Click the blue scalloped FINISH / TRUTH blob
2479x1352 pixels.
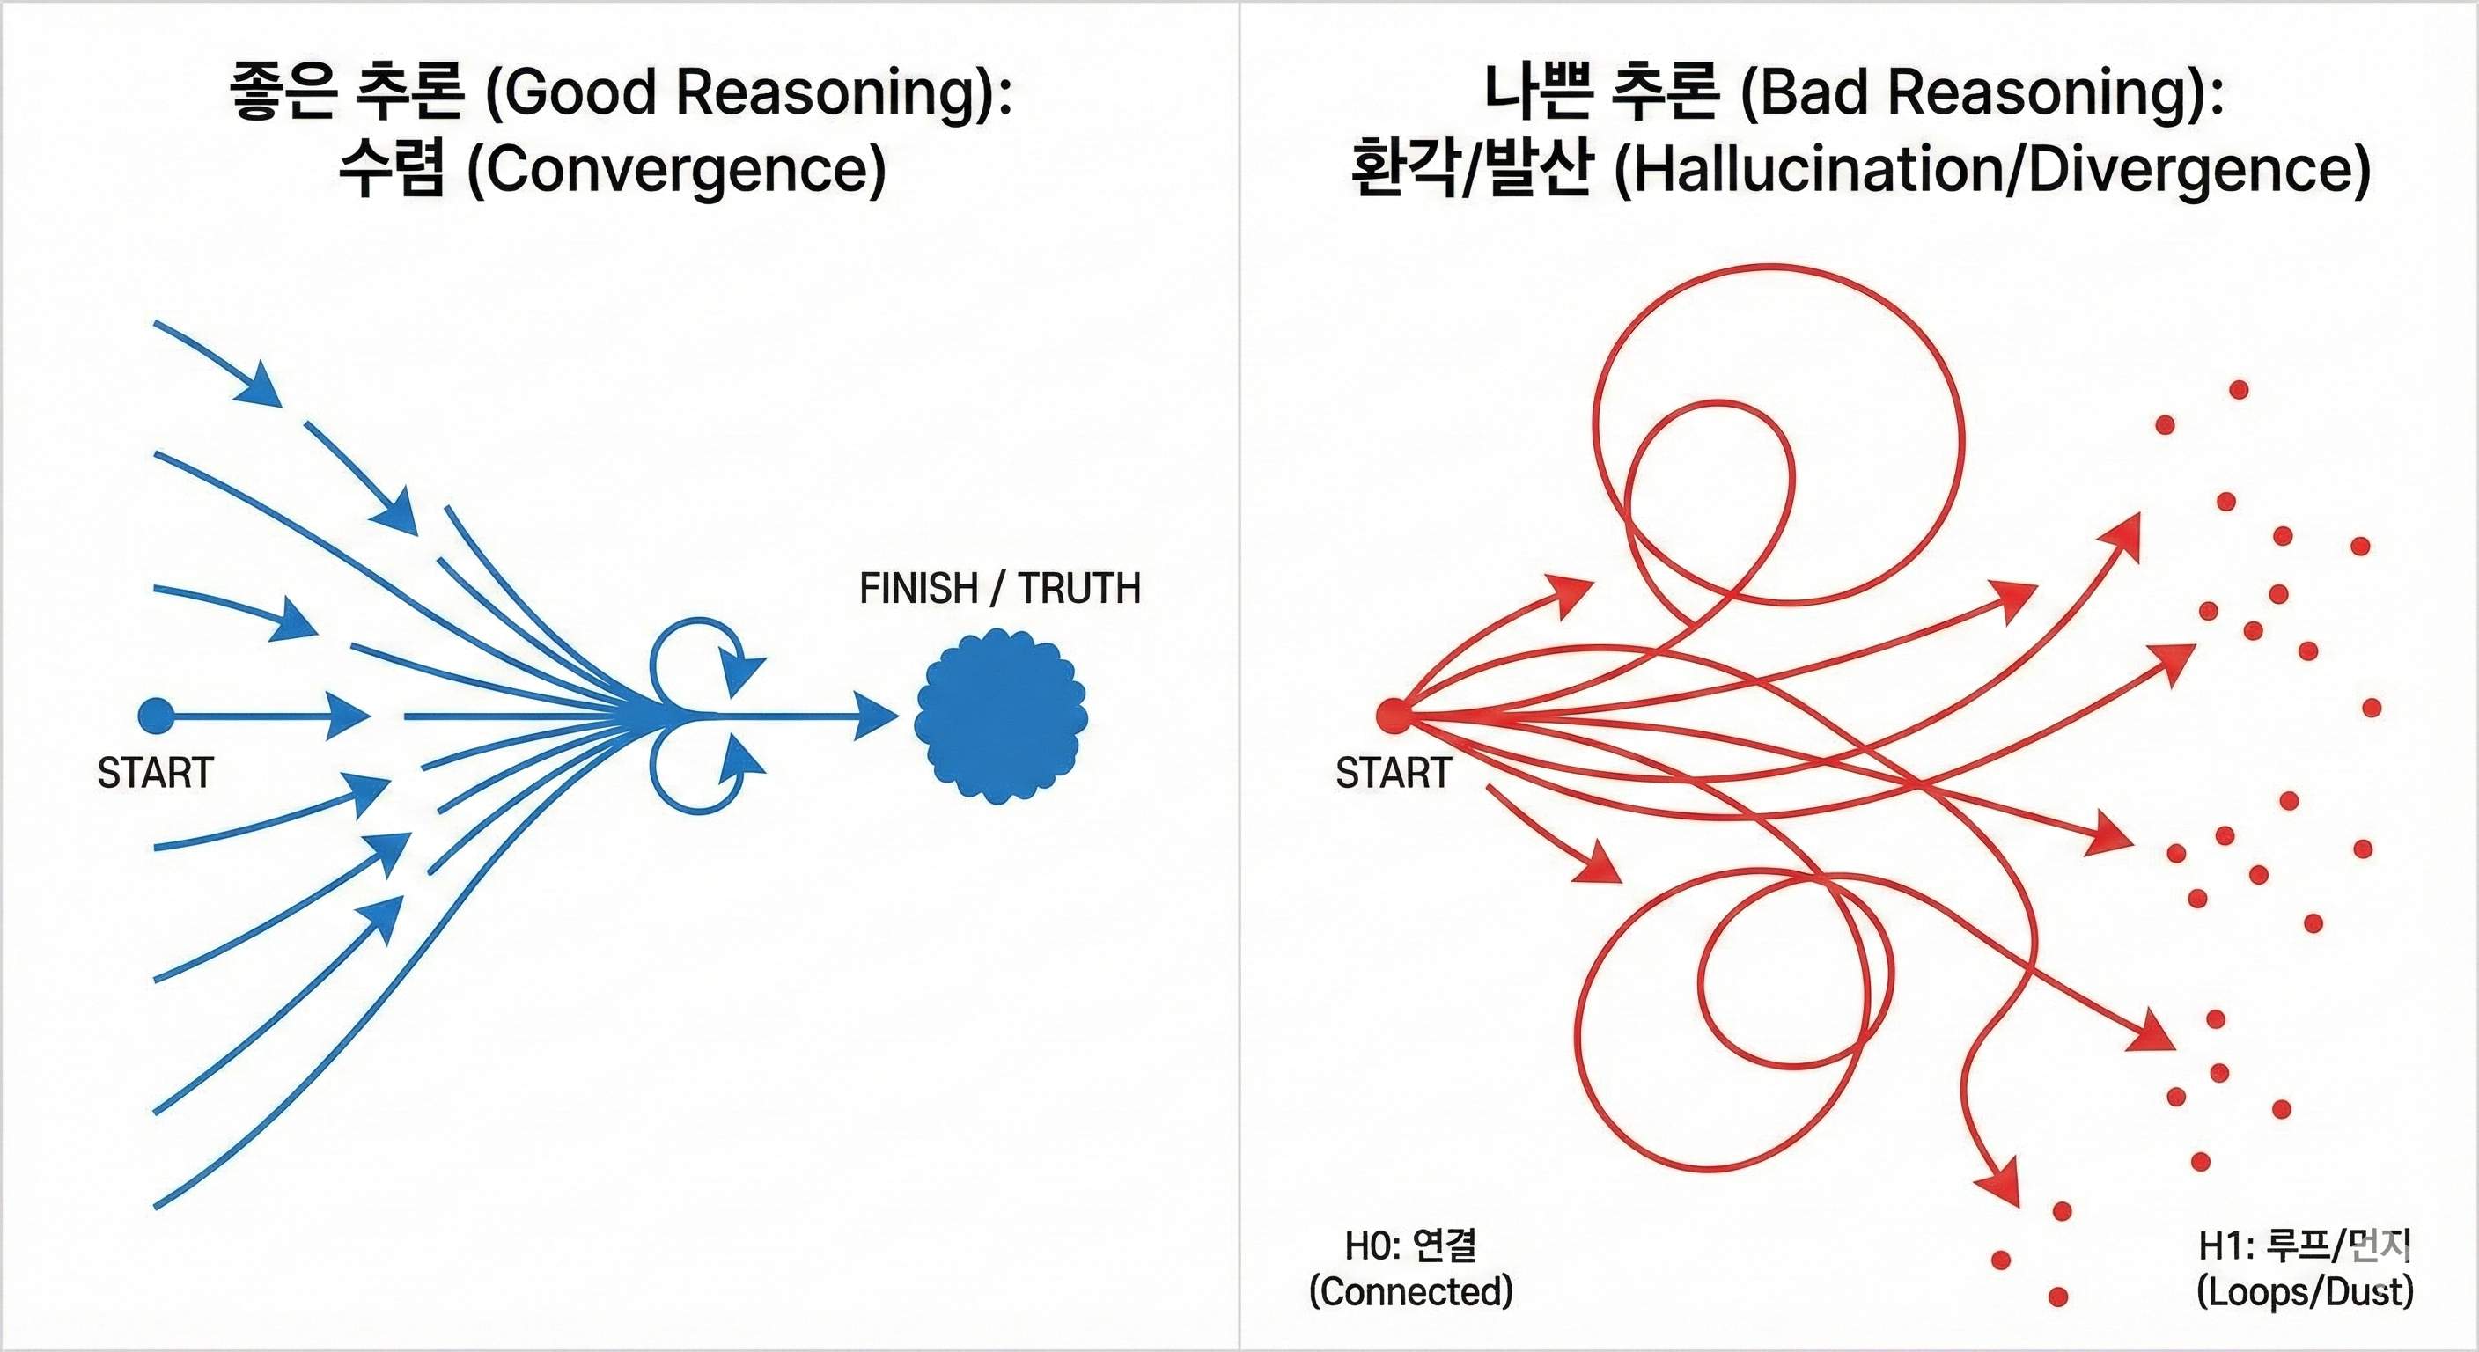[1001, 716]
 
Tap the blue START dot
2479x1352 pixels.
[155, 716]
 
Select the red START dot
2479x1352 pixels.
[1392, 715]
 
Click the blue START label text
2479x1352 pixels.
[155, 773]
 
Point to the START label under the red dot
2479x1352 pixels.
[1393, 773]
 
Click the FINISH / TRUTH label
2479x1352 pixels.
[1000, 588]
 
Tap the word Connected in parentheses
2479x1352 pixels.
[1411, 1291]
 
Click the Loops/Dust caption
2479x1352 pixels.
[2305, 1291]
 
